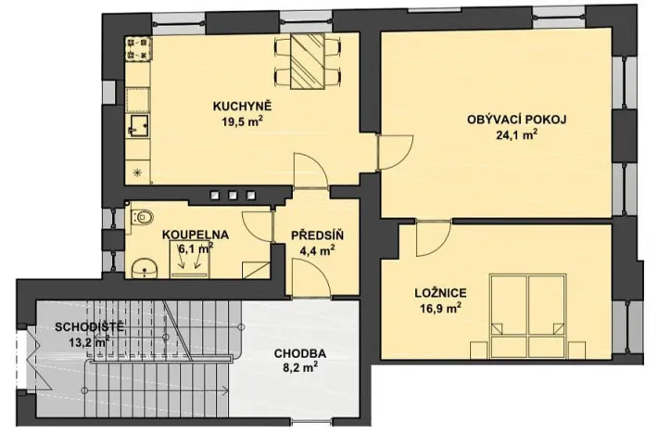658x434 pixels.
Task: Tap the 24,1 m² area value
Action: pos(516,133)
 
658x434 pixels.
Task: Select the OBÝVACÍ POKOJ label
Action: pos(516,119)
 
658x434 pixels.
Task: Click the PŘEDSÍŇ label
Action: pos(312,235)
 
